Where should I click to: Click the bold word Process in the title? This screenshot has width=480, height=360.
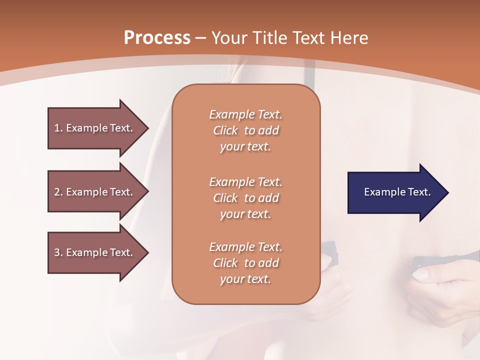tap(157, 37)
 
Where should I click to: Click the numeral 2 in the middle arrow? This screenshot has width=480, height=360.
tap(56, 192)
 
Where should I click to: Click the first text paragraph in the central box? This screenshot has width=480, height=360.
tap(245, 130)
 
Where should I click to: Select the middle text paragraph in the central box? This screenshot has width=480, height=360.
tap(245, 198)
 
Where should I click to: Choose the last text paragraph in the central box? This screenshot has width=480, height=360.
tap(245, 263)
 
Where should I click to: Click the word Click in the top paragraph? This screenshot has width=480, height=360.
tap(225, 130)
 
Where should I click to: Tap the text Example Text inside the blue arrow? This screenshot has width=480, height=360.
tap(397, 192)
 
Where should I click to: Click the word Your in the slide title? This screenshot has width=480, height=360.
tap(229, 37)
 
